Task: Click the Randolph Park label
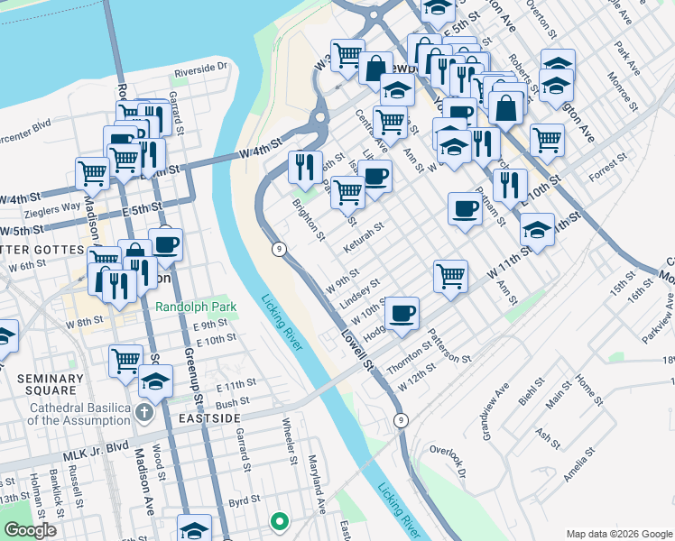point(196,307)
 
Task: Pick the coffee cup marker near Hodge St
point(402,313)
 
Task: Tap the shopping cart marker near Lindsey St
point(449,274)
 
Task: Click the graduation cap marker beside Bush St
point(155,381)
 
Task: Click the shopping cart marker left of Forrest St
point(547,139)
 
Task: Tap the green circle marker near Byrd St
point(280,520)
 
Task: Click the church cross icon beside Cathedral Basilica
point(144,414)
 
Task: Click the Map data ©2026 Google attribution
point(619,533)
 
